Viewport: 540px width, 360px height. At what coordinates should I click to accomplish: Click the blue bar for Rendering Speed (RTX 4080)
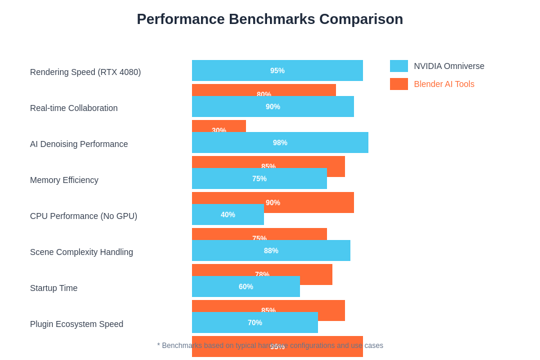[277, 70]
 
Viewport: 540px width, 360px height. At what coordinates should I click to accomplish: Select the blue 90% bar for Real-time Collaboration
[273, 106]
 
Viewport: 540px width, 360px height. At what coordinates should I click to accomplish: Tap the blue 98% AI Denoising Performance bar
[280, 142]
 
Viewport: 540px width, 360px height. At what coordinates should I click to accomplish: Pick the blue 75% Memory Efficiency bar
[259, 178]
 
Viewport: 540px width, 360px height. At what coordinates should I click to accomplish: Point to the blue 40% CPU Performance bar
[228, 214]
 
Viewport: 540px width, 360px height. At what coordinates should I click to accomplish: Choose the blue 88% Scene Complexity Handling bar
[271, 250]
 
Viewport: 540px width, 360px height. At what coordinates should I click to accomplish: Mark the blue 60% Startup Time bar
[246, 286]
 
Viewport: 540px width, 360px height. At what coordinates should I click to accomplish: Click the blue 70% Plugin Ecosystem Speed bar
[255, 322]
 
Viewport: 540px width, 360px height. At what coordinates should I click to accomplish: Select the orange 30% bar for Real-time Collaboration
[219, 125]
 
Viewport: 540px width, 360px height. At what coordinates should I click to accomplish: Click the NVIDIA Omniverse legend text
[449, 66]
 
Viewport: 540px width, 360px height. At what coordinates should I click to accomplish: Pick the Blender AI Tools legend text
[444, 84]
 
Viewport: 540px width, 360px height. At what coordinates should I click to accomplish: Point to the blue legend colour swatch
[399, 66]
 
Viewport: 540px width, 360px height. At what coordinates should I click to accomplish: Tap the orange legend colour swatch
[399, 84]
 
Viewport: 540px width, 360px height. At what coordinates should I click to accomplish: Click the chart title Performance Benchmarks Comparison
[270, 19]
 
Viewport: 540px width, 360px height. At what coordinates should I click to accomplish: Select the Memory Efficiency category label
[64, 180]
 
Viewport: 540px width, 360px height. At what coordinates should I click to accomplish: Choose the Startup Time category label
[54, 288]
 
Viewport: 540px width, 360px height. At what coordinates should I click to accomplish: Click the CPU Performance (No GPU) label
[83, 216]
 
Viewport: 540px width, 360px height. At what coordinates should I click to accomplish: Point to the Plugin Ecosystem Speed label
[77, 324]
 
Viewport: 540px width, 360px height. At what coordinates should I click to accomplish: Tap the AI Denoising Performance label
[79, 144]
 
